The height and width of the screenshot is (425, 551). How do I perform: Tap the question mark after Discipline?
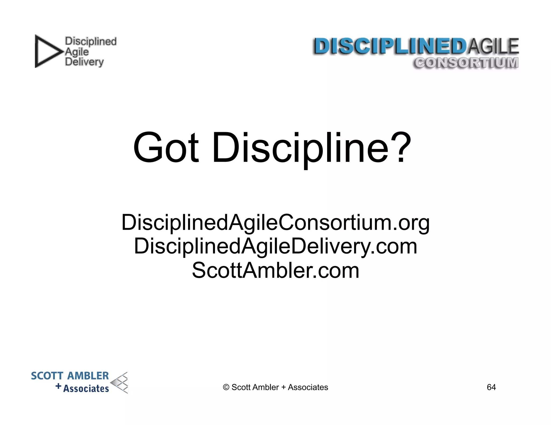[x=401, y=147]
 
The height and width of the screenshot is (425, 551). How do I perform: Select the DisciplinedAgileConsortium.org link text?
[x=275, y=223]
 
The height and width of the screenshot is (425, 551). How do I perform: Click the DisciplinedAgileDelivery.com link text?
[x=275, y=246]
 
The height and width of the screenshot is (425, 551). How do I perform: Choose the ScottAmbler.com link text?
[x=275, y=270]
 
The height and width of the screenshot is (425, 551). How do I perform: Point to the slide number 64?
[x=491, y=387]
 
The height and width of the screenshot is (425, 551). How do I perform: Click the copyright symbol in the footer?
[x=226, y=387]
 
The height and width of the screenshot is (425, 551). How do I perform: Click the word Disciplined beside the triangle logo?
[x=91, y=41]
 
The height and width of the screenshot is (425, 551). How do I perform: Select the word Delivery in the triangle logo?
[x=84, y=62]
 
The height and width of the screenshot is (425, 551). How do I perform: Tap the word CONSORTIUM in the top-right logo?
[x=466, y=63]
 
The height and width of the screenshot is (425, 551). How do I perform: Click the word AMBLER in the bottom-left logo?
[x=88, y=376]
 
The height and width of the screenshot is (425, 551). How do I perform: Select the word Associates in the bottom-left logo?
[x=86, y=388]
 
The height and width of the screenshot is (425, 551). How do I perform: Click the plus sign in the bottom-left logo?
[x=58, y=386]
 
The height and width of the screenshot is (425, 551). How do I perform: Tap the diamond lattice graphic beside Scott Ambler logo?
[x=120, y=383]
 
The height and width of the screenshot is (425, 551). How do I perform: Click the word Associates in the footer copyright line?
[x=308, y=387]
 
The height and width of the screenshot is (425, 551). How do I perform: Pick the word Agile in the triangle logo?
[x=77, y=52]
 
